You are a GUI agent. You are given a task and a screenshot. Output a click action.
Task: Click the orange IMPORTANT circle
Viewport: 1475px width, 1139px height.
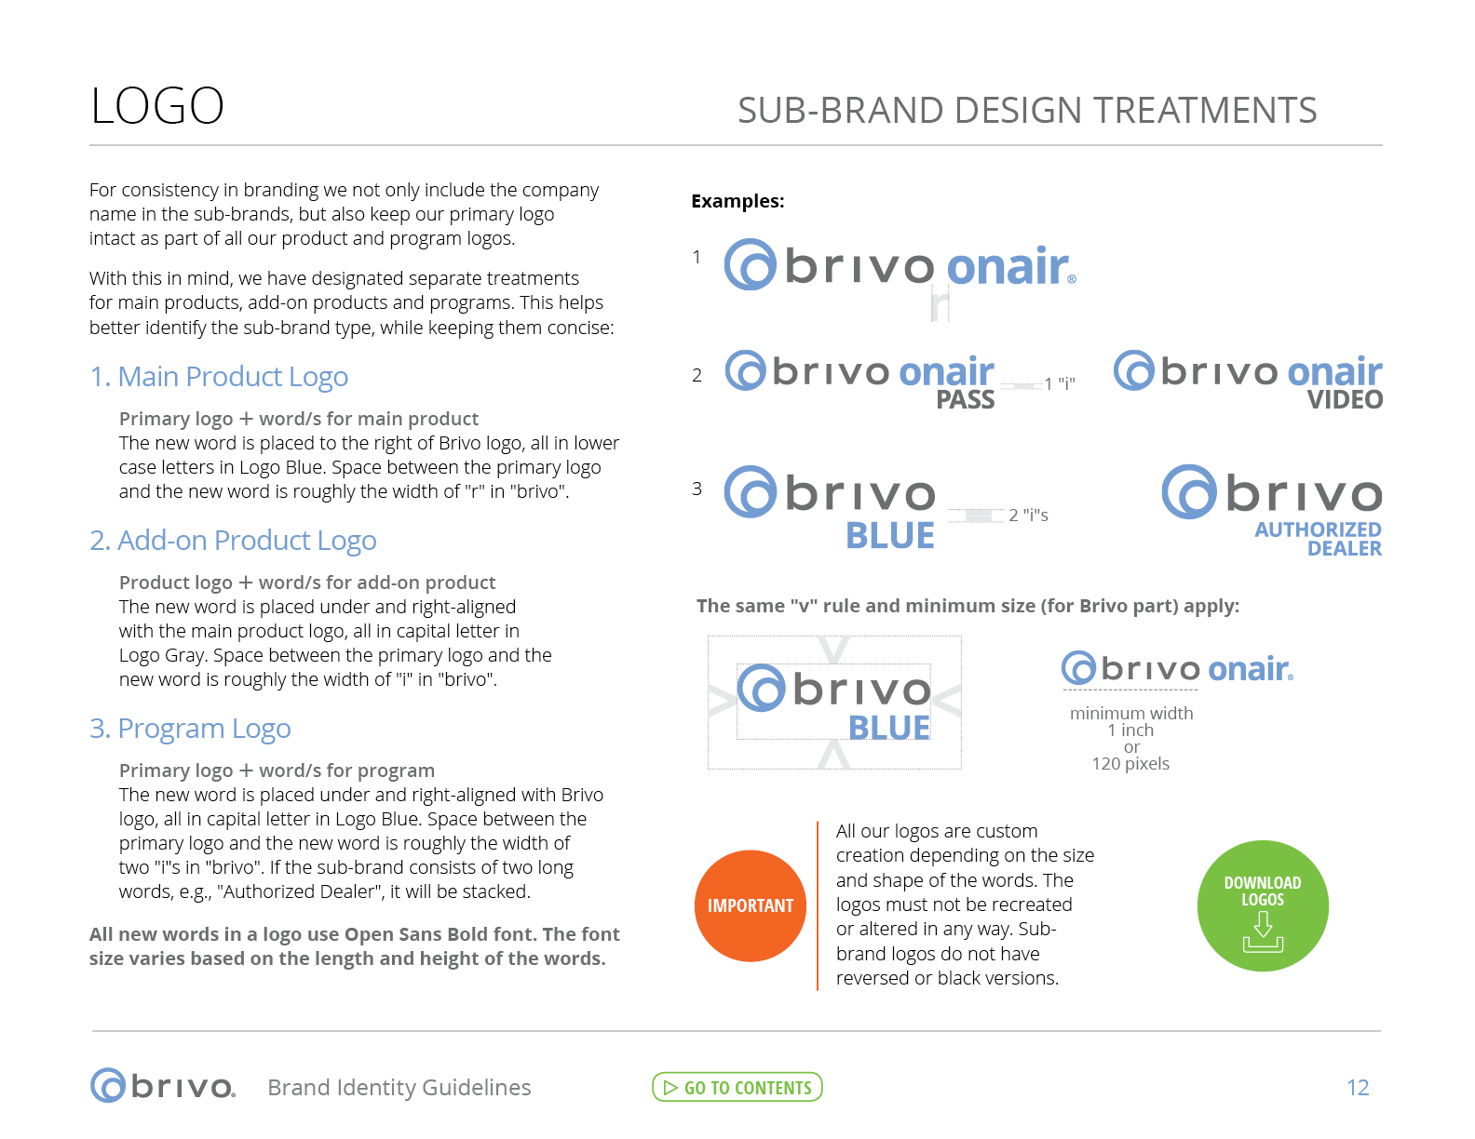pos(750,905)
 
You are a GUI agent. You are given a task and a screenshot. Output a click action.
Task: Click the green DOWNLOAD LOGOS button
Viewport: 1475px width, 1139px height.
pos(1263,905)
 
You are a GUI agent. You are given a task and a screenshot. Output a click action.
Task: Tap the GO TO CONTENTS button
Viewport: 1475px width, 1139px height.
pos(737,1087)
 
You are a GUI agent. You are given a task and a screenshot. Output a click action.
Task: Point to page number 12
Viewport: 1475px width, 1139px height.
pos(1358,1088)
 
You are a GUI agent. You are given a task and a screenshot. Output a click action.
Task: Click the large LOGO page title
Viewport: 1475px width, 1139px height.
pos(156,106)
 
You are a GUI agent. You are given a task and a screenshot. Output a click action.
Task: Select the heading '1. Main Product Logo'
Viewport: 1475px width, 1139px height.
pos(219,377)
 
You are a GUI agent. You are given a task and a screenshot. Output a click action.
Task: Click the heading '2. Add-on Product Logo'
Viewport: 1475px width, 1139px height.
pos(233,541)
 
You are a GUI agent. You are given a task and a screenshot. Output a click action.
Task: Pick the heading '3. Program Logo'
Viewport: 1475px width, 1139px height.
pos(190,729)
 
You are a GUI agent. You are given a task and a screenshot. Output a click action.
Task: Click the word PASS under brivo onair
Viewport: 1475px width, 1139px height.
pos(966,399)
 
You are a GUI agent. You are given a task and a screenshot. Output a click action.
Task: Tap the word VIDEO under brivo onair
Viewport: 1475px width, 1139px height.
pos(1345,399)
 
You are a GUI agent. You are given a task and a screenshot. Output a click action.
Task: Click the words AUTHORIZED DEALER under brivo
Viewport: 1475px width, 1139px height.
pos(1319,539)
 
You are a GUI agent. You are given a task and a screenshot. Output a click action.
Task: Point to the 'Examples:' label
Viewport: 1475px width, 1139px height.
pos(737,201)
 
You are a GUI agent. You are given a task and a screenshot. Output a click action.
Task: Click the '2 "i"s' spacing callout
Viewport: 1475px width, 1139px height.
pos(1028,515)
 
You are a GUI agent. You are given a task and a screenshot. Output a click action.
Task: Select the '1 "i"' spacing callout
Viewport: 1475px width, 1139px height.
pos(1060,384)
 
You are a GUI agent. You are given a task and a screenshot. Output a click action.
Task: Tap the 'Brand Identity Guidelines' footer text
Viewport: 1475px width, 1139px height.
pos(399,1088)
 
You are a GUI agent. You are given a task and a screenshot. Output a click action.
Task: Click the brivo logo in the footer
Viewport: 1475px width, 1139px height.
pos(163,1085)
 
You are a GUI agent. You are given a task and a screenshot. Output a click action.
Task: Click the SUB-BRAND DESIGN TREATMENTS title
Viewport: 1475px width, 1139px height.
pos(1027,111)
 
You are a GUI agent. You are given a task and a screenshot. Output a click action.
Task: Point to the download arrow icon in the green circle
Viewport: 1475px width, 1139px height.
pos(1263,932)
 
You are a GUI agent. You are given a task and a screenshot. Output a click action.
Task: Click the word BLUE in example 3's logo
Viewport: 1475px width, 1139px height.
pos(890,536)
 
